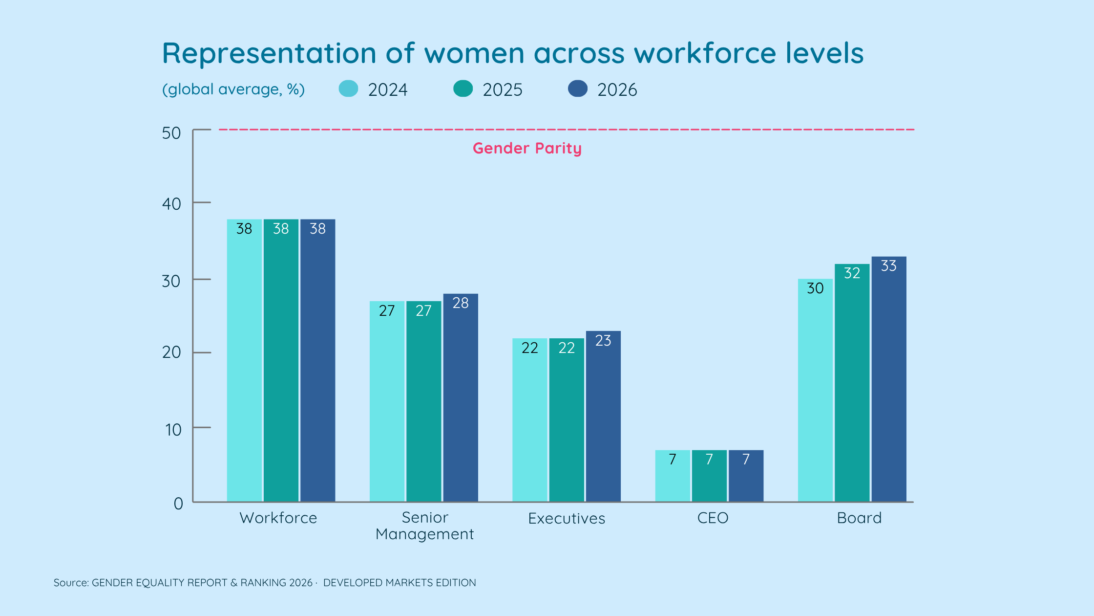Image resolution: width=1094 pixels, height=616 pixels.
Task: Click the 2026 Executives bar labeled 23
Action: (603, 416)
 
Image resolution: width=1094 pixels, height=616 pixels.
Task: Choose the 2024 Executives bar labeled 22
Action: (530, 420)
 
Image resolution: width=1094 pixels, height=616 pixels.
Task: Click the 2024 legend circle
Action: (348, 88)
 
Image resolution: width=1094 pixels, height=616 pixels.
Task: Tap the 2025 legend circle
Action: (463, 88)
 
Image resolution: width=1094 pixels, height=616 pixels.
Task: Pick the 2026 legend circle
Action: (578, 88)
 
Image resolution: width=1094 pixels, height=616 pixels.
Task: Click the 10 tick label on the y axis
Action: (173, 430)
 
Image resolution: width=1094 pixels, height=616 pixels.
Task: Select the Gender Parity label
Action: (527, 148)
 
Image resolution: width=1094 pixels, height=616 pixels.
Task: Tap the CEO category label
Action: (713, 518)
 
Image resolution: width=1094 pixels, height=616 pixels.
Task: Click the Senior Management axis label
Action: (424, 526)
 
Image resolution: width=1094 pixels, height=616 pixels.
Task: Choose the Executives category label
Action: (567, 518)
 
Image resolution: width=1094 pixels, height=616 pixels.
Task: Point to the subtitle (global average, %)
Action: (233, 89)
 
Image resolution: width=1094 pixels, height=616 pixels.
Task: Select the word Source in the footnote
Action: (71, 583)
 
